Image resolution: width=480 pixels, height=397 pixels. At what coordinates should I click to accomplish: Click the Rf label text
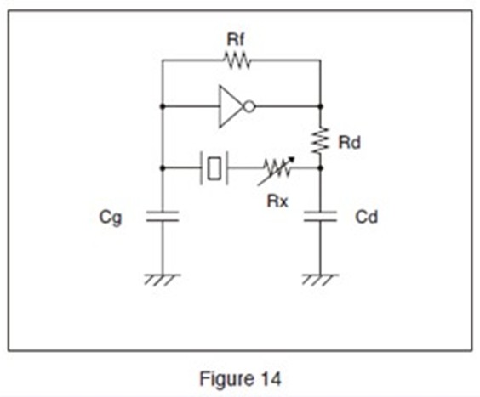[x=236, y=39]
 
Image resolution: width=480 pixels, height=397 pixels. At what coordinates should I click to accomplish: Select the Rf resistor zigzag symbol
[x=237, y=60]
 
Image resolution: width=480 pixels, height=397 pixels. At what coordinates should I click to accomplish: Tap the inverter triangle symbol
[x=231, y=106]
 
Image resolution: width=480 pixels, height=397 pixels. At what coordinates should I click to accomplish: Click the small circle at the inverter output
[x=249, y=107]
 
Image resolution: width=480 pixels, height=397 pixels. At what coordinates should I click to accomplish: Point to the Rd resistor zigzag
[x=321, y=141]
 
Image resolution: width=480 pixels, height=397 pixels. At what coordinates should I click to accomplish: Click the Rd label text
[x=349, y=143]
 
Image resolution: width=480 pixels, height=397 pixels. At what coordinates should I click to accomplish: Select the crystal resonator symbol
[x=214, y=168]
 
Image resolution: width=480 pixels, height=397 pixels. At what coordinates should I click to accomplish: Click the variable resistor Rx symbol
[x=277, y=170]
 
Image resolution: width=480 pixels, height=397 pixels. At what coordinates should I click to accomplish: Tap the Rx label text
[x=277, y=201]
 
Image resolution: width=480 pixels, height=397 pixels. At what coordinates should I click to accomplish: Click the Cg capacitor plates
[x=163, y=216]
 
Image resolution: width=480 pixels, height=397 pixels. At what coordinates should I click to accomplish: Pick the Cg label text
[x=110, y=218]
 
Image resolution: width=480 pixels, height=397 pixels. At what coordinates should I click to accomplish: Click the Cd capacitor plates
[x=321, y=216]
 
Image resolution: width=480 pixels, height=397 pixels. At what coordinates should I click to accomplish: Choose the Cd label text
[x=366, y=217]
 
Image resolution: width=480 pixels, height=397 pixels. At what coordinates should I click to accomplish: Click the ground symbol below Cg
[x=163, y=280]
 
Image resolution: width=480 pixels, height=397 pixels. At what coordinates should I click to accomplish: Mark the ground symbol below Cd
[x=321, y=280]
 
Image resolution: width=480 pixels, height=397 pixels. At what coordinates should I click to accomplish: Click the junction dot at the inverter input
[x=163, y=106]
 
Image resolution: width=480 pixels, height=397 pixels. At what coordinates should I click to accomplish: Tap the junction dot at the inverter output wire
[x=321, y=106]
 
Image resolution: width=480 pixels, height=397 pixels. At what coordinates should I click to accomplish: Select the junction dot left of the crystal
[x=163, y=168]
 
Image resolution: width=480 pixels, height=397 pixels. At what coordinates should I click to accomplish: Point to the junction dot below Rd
[x=321, y=168]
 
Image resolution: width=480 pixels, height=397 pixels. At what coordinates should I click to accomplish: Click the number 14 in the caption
[x=269, y=379]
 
